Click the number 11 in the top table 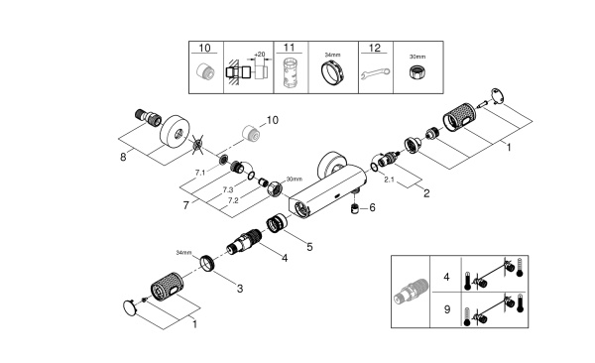coord(289,48)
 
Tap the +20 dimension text coord(261,55)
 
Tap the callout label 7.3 coord(228,188)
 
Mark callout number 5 coord(308,245)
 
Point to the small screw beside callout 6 coord(355,208)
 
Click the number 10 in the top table coord(204,48)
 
